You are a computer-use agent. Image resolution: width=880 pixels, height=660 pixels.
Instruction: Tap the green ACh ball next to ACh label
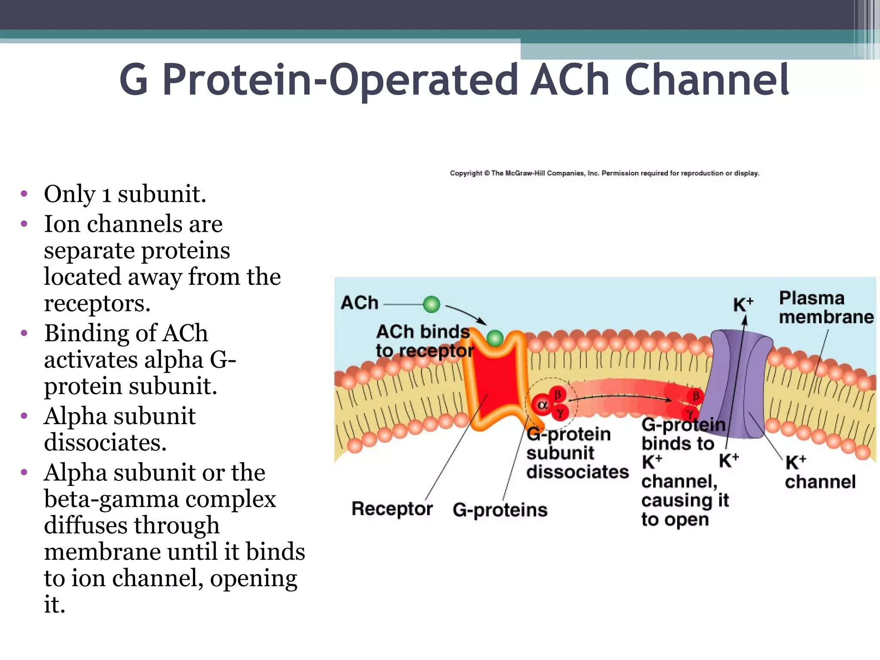431,304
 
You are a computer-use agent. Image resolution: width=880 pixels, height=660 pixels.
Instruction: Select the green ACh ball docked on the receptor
495,338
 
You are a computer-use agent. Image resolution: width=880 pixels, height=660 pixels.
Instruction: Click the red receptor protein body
496,382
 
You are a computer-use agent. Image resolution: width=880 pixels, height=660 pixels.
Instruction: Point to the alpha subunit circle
542,405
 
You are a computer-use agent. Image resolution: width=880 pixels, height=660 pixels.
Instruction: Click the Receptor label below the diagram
392,509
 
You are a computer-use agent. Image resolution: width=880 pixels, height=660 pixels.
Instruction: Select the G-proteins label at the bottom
500,510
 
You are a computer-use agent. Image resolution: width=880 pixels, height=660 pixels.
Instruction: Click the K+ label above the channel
742,304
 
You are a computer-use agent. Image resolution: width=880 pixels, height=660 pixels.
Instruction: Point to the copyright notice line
604,173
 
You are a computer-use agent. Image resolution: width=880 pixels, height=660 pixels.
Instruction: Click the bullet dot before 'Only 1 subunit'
24,194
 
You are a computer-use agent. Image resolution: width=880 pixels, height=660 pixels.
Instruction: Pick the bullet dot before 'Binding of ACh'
24,333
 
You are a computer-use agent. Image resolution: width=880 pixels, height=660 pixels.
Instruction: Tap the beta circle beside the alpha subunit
557,394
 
